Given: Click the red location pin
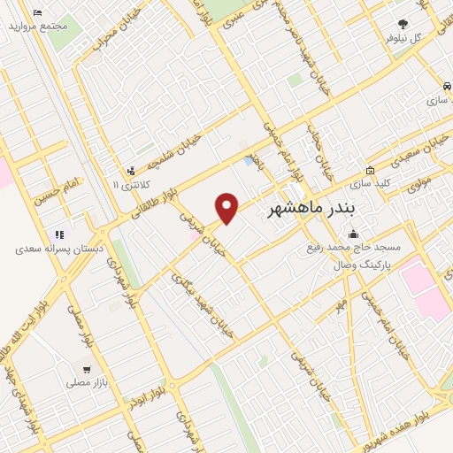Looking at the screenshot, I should tap(227, 207).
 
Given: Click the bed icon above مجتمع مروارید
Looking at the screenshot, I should tap(36, 13).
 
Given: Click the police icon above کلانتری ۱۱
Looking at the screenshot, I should tap(131, 170).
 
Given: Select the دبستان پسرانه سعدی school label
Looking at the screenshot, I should tap(59, 250).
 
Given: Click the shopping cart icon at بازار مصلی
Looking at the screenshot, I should tap(86, 370).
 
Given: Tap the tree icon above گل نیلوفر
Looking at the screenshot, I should tap(403, 25).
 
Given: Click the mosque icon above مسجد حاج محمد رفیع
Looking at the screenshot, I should tap(354, 234).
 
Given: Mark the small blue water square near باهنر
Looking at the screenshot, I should tap(247, 161).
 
